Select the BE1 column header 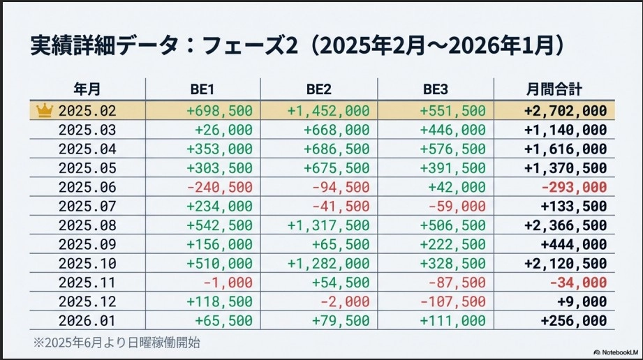click(202, 89)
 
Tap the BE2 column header click(319, 89)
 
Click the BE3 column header click(436, 89)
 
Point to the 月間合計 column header click(554, 89)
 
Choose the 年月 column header click(87, 89)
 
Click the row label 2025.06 click(87, 187)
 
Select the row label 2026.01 click(87, 320)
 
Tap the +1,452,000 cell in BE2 click(328, 110)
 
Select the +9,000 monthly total click(582, 301)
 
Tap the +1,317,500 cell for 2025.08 click(328, 225)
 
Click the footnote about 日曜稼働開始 click(119, 343)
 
